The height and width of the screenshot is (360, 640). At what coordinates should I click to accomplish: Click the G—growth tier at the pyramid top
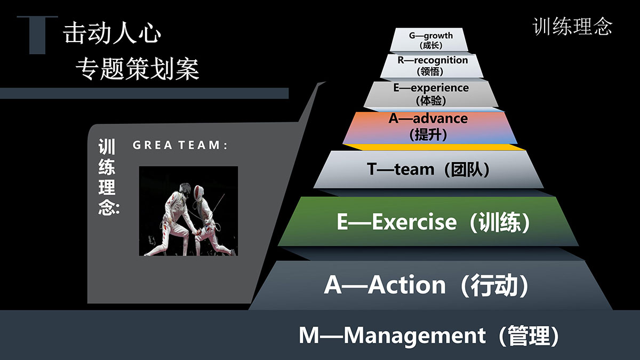click(429, 39)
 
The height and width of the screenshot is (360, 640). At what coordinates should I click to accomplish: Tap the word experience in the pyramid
click(439, 88)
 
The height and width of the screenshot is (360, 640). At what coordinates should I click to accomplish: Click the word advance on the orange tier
click(440, 118)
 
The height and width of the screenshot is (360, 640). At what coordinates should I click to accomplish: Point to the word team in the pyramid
click(414, 169)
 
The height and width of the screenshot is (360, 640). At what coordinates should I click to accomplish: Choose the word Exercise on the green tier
click(414, 222)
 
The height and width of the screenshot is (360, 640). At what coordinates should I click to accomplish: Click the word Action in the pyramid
click(406, 285)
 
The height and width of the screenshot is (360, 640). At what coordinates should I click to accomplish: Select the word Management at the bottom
click(414, 335)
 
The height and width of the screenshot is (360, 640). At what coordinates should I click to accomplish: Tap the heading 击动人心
click(111, 34)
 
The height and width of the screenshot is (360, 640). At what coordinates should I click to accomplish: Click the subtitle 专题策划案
click(138, 69)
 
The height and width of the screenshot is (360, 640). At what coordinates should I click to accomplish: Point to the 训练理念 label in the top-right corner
click(572, 27)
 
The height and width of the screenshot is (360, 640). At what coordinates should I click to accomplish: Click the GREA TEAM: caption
click(180, 145)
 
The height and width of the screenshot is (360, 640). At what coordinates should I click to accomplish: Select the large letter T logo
click(37, 35)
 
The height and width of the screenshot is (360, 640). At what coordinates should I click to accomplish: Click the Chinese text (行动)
click(494, 285)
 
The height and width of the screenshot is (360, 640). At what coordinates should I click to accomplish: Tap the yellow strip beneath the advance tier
click(434, 147)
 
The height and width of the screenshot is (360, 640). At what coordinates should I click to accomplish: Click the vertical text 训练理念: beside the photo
click(108, 177)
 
